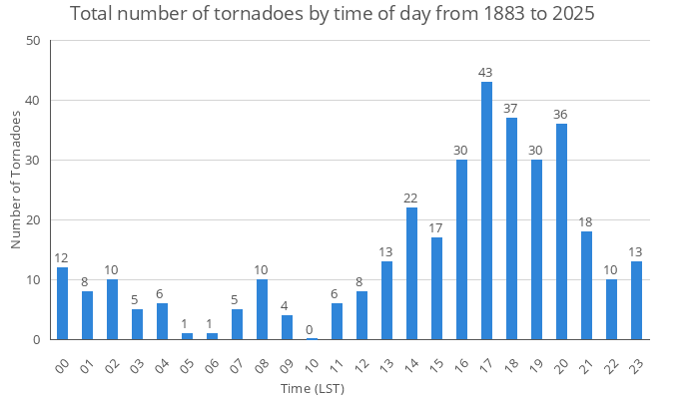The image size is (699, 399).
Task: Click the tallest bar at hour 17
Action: click(486, 210)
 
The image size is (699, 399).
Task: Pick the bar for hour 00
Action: click(62, 303)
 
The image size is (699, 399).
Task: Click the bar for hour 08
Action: click(262, 309)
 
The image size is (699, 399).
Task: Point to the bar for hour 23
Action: click(636, 300)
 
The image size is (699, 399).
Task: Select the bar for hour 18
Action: click(511, 228)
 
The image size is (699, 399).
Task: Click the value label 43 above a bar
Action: click(486, 73)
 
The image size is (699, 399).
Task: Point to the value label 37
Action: click(511, 109)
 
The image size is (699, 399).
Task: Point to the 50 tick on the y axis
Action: click(34, 41)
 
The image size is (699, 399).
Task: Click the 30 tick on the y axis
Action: click(34, 161)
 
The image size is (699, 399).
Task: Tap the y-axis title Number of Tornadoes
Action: click(16, 181)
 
